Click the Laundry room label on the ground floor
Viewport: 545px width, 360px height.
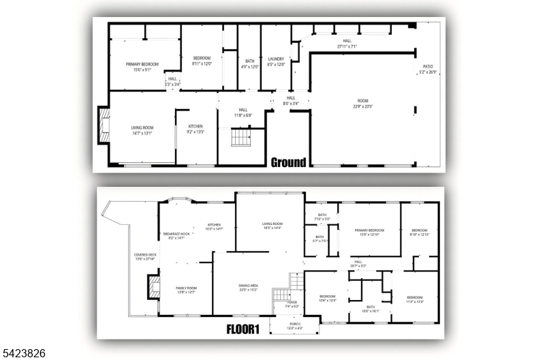tap(276, 61)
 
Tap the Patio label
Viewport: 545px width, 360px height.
tap(428, 69)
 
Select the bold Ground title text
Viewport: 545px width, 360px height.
tap(288, 162)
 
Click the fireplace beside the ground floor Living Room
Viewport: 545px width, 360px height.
tap(104, 127)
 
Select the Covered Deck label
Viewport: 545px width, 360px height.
tap(145, 257)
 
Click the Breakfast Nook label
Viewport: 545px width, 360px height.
tap(176, 235)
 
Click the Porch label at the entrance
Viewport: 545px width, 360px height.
tap(294, 326)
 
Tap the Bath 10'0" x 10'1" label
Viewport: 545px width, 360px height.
tap(371, 309)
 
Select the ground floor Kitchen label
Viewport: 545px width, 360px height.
tap(196, 129)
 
